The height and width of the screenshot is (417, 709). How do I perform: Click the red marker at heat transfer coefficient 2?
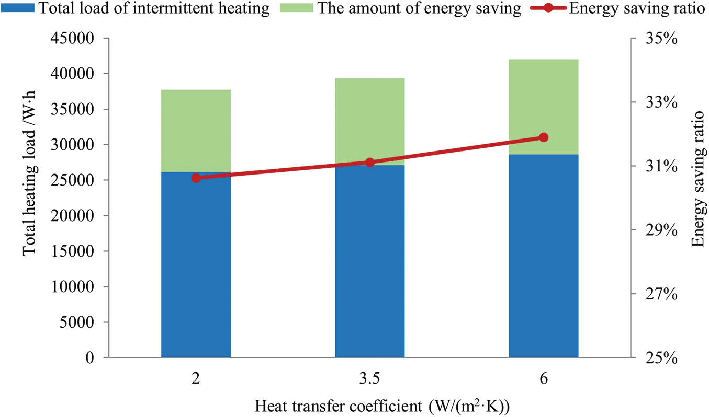pos(196,178)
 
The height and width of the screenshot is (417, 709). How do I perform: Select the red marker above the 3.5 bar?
pos(369,163)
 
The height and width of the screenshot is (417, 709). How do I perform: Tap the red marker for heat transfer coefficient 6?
pos(543,137)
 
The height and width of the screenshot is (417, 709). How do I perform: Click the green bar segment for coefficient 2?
pos(196,131)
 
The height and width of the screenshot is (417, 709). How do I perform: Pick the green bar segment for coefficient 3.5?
pos(369,121)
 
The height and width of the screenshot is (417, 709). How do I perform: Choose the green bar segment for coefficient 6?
pos(543,107)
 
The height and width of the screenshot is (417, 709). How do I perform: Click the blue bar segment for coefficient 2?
pos(196,264)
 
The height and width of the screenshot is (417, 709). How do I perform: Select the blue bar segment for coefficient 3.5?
pos(369,261)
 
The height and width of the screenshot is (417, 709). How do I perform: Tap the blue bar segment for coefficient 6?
pos(543,256)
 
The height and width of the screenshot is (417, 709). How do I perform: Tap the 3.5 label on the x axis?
pos(369,380)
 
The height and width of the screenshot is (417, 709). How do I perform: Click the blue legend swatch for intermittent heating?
pos(18,8)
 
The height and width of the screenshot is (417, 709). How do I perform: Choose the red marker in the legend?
pos(549,8)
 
